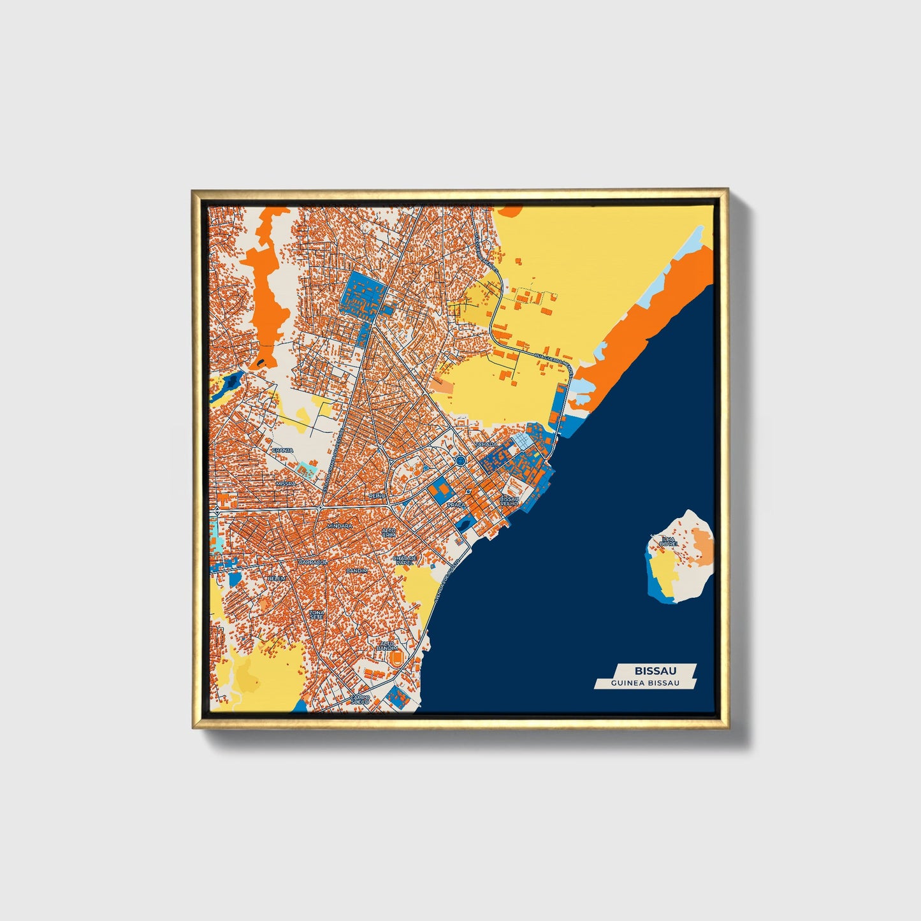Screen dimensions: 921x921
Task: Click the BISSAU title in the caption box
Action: click(x=655, y=671)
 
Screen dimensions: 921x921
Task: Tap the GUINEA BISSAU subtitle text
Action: click(x=645, y=683)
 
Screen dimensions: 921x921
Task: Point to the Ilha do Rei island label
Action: click(x=667, y=542)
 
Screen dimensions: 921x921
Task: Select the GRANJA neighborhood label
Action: click(x=282, y=450)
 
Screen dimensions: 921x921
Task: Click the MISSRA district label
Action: click(x=286, y=484)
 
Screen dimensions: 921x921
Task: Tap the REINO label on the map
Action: click(x=378, y=495)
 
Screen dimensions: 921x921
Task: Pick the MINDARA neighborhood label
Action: click(x=339, y=526)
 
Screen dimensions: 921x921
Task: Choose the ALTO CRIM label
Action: click(x=388, y=532)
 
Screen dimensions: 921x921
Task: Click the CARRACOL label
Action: click(x=313, y=563)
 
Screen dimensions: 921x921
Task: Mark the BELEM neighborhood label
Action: click(x=277, y=578)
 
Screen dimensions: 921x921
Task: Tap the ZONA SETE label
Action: click(x=317, y=615)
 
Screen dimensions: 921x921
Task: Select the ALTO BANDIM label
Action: click(x=388, y=646)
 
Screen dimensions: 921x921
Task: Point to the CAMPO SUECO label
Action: click(x=360, y=699)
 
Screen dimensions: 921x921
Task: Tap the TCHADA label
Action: click(x=486, y=444)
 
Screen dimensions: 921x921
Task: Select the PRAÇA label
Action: click(x=456, y=504)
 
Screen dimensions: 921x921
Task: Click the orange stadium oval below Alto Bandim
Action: click(x=397, y=656)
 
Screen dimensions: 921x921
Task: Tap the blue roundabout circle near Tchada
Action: click(x=460, y=460)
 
